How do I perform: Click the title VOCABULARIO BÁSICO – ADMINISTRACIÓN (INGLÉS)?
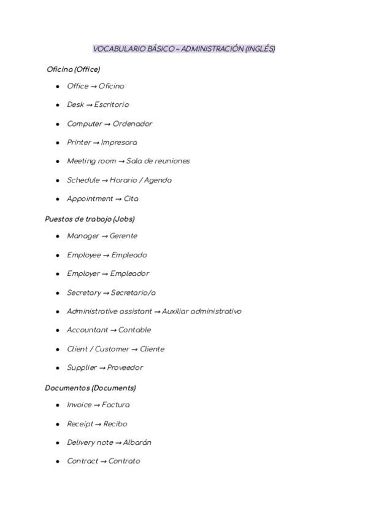click(x=184, y=49)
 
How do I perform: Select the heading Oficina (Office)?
click(x=73, y=69)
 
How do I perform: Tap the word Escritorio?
click(x=112, y=105)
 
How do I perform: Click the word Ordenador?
click(x=132, y=124)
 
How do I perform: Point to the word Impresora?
click(x=119, y=143)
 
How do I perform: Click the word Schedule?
click(x=83, y=180)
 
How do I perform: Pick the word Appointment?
click(x=90, y=199)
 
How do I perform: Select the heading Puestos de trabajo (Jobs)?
click(x=90, y=219)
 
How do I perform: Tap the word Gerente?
click(x=123, y=236)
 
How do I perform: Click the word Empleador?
click(x=129, y=273)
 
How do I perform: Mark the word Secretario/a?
click(x=133, y=293)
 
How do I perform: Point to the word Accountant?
click(x=87, y=330)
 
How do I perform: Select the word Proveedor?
click(x=125, y=368)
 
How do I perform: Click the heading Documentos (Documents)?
click(x=90, y=388)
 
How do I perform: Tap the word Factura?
click(x=116, y=405)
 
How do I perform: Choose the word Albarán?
click(x=137, y=442)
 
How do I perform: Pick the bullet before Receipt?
click(x=58, y=424)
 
